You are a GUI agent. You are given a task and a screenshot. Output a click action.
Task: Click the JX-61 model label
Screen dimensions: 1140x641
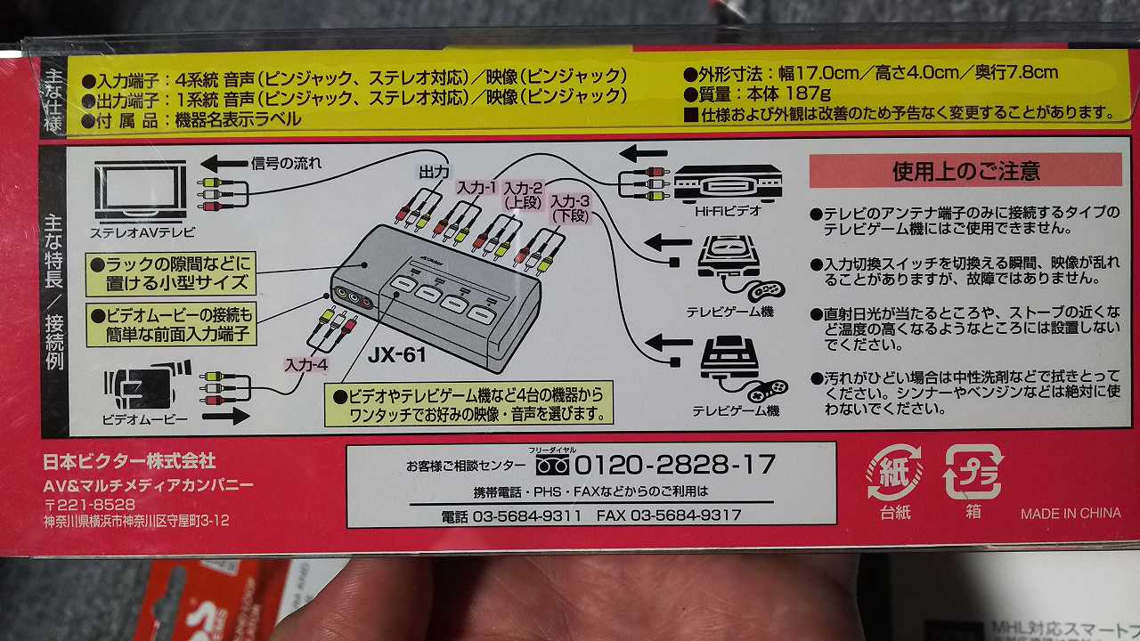click(397, 354)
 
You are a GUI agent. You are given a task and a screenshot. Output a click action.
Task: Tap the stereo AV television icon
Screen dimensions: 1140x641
click(141, 191)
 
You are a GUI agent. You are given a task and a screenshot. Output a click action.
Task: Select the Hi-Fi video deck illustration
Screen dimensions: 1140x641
click(728, 183)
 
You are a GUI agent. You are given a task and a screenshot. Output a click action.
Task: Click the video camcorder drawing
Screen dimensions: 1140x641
click(148, 386)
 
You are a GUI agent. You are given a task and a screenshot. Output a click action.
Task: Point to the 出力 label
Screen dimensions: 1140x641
click(434, 173)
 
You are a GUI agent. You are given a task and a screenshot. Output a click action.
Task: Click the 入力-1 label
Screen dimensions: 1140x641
click(476, 188)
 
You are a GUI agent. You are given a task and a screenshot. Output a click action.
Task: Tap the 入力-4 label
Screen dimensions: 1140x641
click(305, 365)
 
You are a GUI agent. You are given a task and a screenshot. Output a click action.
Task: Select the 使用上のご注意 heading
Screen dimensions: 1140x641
click(965, 171)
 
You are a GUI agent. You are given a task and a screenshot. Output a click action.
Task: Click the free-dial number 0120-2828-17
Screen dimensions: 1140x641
click(675, 465)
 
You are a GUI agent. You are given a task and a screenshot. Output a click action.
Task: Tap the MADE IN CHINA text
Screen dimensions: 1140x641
click(1071, 514)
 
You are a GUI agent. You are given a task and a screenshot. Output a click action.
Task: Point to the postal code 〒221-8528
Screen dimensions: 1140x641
click(90, 504)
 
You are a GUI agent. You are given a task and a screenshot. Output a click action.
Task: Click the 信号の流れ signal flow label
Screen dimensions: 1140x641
click(286, 163)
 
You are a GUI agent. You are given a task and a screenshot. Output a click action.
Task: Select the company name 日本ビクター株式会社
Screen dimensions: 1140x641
click(129, 461)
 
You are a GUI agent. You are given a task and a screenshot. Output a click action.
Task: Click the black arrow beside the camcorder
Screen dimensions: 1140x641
click(225, 417)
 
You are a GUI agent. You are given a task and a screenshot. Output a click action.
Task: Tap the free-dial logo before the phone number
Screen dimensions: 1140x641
click(552, 465)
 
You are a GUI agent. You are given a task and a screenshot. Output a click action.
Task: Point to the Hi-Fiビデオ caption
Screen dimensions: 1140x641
click(728, 211)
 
